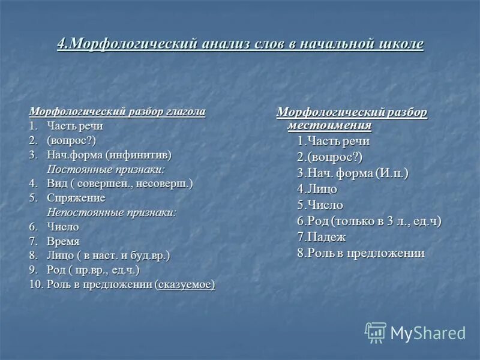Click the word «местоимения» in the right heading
click(x=329, y=125)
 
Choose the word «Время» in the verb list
click(x=64, y=241)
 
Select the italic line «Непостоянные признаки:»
click(x=112, y=212)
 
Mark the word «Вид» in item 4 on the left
click(x=56, y=184)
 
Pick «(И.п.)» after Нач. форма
click(x=392, y=173)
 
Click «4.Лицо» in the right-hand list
click(x=317, y=189)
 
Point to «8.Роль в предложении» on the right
click(x=361, y=253)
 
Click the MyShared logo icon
click(x=376, y=332)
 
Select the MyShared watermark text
click(x=428, y=333)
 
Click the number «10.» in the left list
click(x=36, y=284)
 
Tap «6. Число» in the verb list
click(x=55, y=227)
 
